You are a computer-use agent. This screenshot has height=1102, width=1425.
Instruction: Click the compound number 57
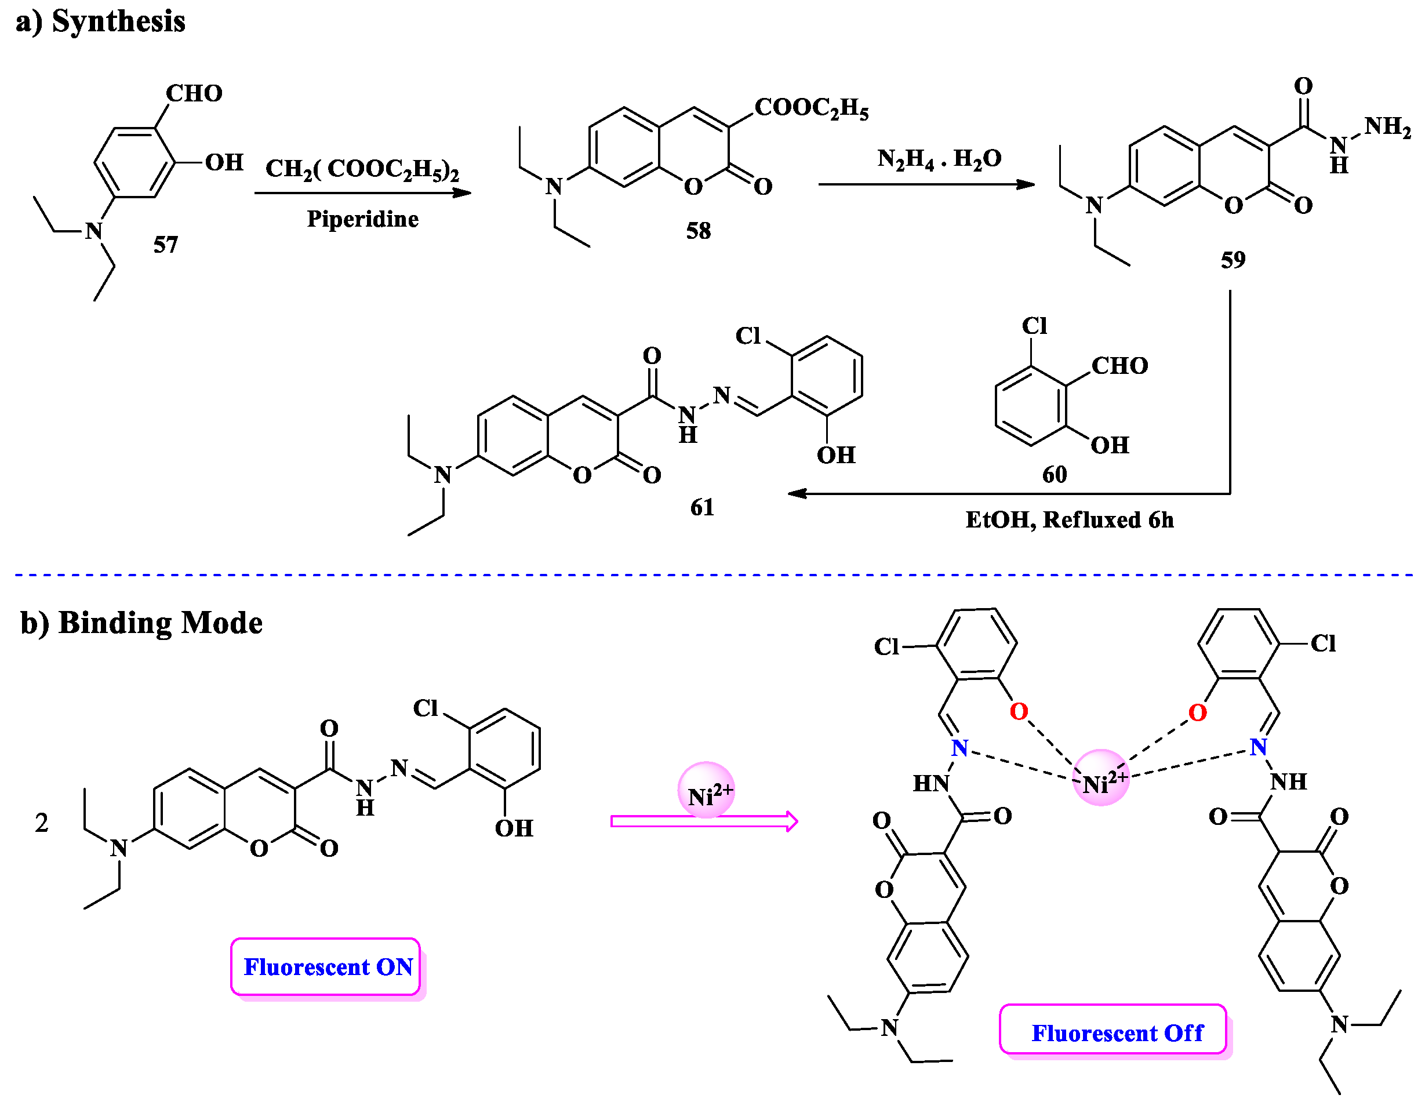click(x=166, y=245)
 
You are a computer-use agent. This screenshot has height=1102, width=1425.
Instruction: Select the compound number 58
click(x=698, y=230)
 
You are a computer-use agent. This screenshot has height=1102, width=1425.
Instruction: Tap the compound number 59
click(x=1233, y=260)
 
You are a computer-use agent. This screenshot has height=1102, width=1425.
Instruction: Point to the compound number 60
click(x=1055, y=474)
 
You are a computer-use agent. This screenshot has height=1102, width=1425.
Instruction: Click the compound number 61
click(x=702, y=507)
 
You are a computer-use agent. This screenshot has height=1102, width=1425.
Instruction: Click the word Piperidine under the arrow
click(x=363, y=219)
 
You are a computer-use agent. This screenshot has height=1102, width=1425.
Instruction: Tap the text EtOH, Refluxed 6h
click(x=1070, y=520)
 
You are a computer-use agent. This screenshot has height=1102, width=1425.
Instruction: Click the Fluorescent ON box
click(x=326, y=966)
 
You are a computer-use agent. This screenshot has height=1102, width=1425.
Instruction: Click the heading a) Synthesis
click(x=100, y=21)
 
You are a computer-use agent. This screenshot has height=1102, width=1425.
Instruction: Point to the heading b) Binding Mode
click(x=141, y=623)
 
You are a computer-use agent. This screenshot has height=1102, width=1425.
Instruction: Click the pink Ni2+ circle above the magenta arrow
click(x=707, y=790)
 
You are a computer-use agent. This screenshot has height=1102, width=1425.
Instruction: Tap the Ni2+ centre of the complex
click(x=1101, y=778)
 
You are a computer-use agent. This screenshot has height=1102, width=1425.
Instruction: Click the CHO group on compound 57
click(x=194, y=93)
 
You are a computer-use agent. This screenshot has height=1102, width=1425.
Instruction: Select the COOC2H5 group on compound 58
click(x=811, y=108)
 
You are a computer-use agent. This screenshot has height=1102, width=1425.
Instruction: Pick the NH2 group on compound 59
click(x=1387, y=126)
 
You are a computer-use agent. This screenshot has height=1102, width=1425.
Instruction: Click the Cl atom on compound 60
click(x=1035, y=326)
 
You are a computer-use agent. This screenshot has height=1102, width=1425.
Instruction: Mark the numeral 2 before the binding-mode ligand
click(x=41, y=823)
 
